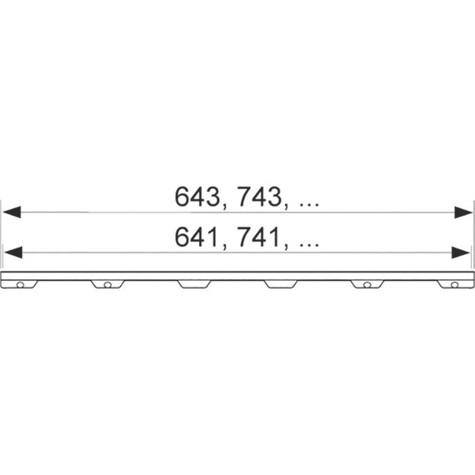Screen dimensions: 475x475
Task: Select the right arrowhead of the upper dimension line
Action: point(463,212)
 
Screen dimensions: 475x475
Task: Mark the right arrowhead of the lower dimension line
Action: point(462,252)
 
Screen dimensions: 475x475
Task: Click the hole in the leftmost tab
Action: point(21,284)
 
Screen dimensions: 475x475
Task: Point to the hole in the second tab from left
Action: point(107,284)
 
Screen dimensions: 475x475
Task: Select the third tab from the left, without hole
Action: point(194,283)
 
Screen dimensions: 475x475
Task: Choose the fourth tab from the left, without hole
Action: point(281,283)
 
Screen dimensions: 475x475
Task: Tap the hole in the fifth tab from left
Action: point(367,284)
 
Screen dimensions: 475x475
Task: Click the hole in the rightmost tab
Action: point(454,284)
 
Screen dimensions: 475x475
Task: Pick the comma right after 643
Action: point(223,206)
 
